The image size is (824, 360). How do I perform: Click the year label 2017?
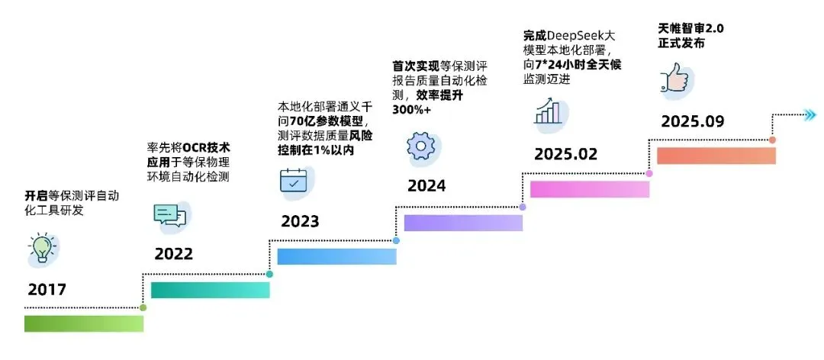click(x=47, y=290)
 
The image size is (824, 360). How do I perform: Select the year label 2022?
click(x=173, y=254)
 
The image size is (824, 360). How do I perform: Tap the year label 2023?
click(x=300, y=222)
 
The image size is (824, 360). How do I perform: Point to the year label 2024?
click(x=426, y=185)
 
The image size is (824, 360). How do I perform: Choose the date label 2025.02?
click(x=565, y=154)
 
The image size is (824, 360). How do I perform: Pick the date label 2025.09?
click(x=692, y=121)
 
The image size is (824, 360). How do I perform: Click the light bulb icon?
click(x=42, y=249)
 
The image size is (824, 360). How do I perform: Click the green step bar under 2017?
click(x=84, y=323)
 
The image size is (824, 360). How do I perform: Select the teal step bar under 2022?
click(x=210, y=290)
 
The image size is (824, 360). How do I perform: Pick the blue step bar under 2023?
click(x=336, y=256)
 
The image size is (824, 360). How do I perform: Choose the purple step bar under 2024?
click(x=463, y=223)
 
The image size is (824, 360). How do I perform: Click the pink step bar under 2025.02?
click(x=589, y=189)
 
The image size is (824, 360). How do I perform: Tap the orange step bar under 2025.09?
click(x=716, y=156)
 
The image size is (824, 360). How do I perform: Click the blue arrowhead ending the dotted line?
click(x=809, y=115)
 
